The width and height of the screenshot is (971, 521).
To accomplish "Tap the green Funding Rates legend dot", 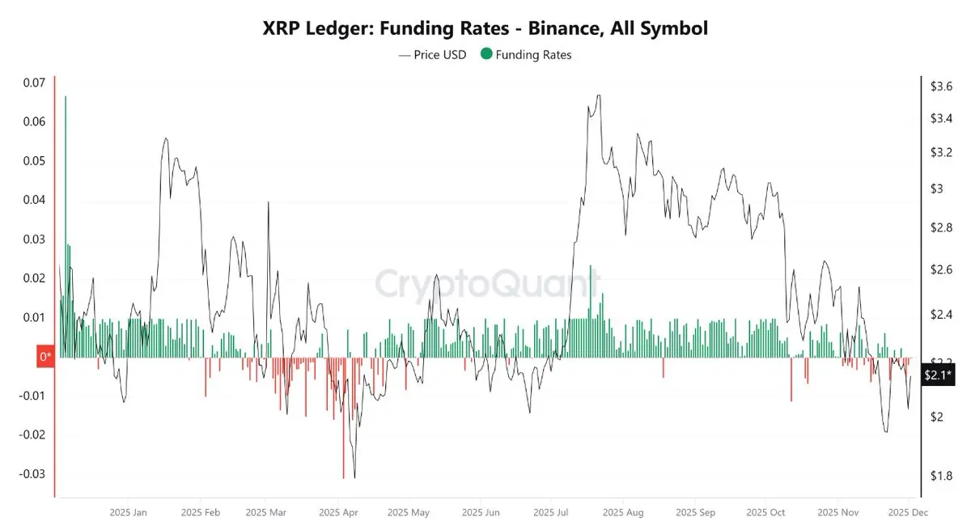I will (x=485, y=55).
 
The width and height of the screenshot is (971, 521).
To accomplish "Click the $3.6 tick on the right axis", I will (x=940, y=87).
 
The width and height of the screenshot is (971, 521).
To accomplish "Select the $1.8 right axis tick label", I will (x=940, y=477).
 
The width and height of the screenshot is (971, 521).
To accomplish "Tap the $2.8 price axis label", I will (x=940, y=228).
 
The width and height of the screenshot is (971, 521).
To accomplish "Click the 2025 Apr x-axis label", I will (x=339, y=512).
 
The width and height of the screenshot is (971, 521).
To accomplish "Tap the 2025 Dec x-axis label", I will (x=909, y=512).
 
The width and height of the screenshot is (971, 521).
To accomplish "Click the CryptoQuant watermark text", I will (x=485, y=285).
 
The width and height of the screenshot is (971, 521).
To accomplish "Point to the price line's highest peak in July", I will (x=598, y=95).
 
